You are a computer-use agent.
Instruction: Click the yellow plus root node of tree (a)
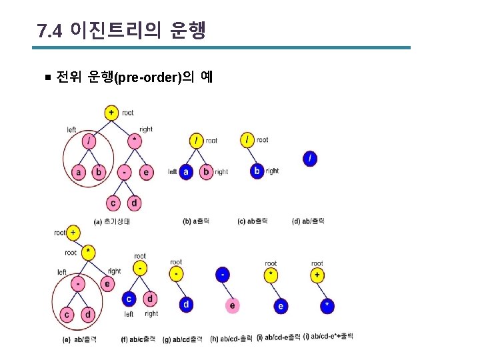[111, 112]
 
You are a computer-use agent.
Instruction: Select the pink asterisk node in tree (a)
[135, 141]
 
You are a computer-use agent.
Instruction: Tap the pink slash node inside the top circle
[88, 141]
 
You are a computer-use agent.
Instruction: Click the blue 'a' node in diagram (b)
[187, 171]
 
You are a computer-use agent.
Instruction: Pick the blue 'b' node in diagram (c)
[257, 171]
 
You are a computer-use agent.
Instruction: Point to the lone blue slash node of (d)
[310, 158]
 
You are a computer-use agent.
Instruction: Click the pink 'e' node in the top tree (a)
[147, 172]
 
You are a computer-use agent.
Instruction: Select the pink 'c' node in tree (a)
[113, 203]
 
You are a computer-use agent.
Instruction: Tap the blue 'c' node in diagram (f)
[130, 299]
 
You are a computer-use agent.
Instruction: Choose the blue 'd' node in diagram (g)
[186, 305]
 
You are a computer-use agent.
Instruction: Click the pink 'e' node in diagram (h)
[232, 305]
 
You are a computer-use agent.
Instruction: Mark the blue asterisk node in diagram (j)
[327, 305]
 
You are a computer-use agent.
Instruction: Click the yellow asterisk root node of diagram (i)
[270, 275]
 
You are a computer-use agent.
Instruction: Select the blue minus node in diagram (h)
[223, 274]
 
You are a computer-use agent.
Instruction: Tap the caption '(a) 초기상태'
[113, 221]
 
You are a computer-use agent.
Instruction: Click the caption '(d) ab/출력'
[309, 221]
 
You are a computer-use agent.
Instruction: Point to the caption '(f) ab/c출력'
[139, 339]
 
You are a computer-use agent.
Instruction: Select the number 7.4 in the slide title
[50, 31]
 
